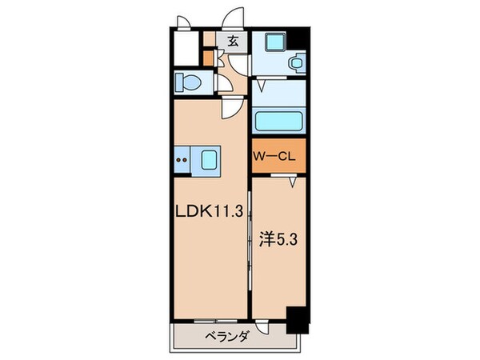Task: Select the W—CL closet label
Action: (275, 158)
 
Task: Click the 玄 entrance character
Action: (233, 41)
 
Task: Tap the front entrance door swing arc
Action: (234, 18)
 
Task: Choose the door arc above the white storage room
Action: (183, 21)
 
